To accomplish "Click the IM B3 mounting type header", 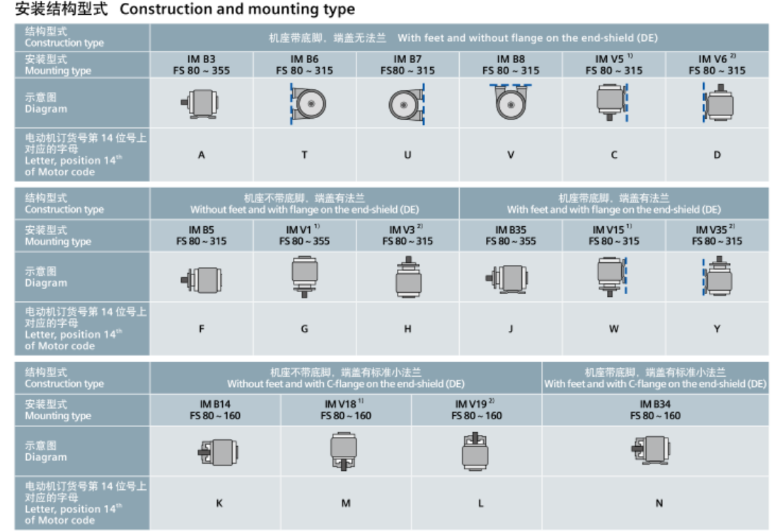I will pos(202,64).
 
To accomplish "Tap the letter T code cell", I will pos(305,155).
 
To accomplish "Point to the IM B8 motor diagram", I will pos(510,102).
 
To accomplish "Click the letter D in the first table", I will pos(717,155).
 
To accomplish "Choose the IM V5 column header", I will pos(613,64).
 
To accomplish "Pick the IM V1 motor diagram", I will pos(305,276).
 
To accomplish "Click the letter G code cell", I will pos(305,329).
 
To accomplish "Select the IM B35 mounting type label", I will pos(511,235).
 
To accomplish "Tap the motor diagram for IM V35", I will pos(717,276).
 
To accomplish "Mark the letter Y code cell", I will pos(717,329).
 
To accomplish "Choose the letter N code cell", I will pos(659,503).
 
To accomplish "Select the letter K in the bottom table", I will pos(219,503).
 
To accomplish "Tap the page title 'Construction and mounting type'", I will pos(238,10).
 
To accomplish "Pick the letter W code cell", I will pos(613,329).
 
